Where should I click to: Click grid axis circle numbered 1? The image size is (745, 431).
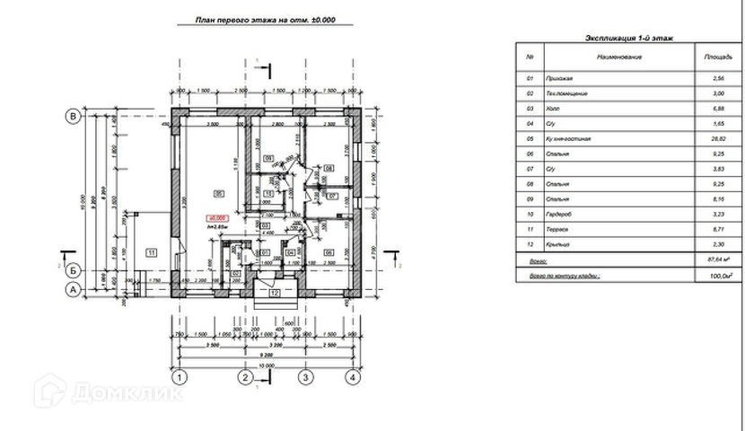point(180,377)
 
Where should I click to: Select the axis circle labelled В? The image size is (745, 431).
point(75,116)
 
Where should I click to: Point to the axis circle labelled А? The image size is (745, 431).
point(75,289)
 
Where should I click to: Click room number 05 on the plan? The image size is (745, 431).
point(218,193)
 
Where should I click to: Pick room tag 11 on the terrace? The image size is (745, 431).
point(152,252)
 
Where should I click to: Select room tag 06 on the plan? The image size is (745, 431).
point(329,252)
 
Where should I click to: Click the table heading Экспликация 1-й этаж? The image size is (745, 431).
point(629,40)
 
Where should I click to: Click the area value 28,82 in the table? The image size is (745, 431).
point(720,139)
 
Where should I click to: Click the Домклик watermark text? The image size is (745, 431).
point(126,392)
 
